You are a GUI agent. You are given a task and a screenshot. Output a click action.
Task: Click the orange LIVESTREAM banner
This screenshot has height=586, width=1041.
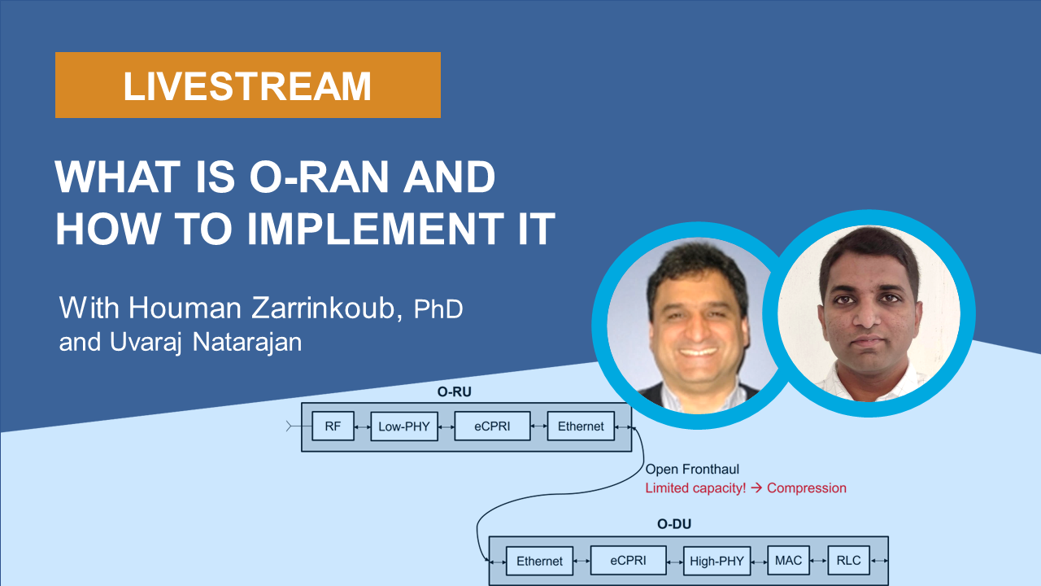click(x=247, y=85)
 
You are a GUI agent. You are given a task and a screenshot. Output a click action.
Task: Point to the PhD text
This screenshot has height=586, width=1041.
click(x=438, y=309)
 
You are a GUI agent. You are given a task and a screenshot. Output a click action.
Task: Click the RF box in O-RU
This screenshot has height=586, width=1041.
click(x=333, y=426)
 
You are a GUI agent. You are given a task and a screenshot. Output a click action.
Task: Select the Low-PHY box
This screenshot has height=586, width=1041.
click(x=403, y=426)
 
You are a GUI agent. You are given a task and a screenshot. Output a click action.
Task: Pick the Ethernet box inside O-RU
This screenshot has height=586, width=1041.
click(x=581, y=426)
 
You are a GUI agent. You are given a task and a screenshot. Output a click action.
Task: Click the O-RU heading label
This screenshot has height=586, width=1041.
click(x=454, y=392)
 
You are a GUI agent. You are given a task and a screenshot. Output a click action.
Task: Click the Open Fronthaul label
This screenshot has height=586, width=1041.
click(x=692, y=470)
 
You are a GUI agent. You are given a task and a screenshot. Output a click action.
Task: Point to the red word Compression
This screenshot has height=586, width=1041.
click(x=806, y=488)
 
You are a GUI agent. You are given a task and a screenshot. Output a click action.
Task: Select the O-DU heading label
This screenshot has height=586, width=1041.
click(x=673, y=524)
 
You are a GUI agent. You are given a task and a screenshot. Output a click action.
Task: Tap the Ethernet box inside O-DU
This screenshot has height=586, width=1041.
click(x=539, y=561)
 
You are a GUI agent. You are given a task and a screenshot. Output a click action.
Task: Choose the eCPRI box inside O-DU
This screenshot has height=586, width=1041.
click(x=628, y=560)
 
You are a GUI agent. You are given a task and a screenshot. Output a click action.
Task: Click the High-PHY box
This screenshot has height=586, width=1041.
click(x=717, y=561)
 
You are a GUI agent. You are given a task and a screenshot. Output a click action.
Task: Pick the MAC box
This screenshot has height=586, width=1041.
click(x=788, y=560)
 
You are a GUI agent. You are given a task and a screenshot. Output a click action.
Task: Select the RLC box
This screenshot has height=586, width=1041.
click(x=849, y=560)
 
